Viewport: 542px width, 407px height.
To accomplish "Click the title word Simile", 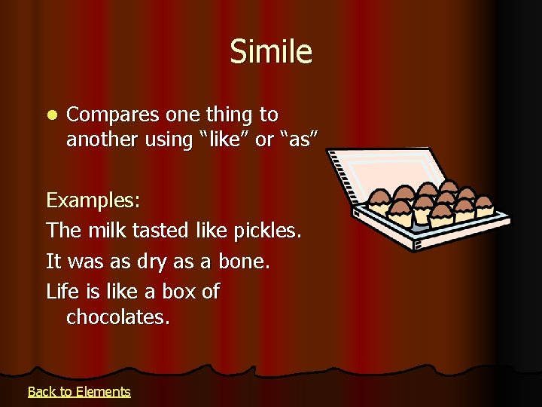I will (271, 52).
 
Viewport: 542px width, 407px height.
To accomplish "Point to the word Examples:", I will (93, 201).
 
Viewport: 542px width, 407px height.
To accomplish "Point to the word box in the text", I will (181, 291).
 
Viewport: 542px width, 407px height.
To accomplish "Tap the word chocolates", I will (118, 317).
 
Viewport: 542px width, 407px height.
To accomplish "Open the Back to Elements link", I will (79, 391).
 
